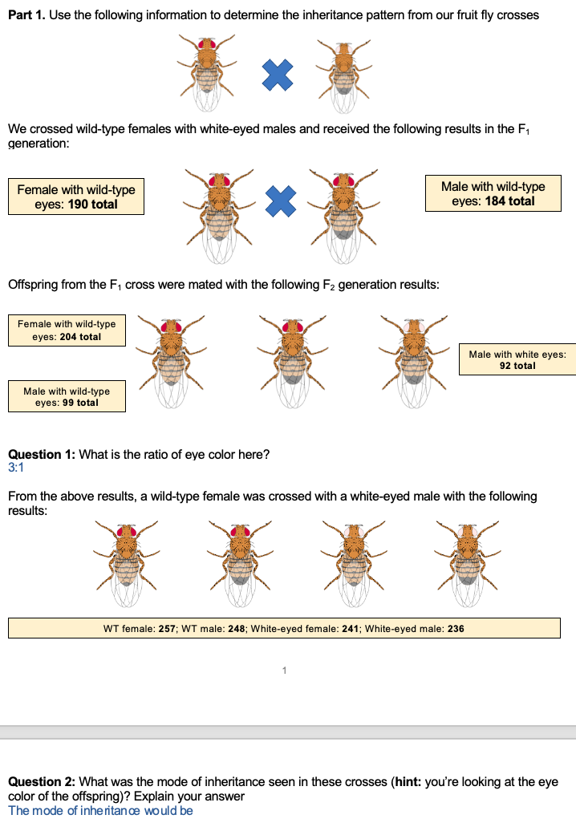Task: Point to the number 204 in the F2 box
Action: [68, 337]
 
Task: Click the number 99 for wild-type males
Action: [68, 403]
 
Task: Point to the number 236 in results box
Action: [455, 629]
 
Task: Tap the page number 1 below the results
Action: [284, 669]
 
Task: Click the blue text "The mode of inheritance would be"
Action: [100, 810]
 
